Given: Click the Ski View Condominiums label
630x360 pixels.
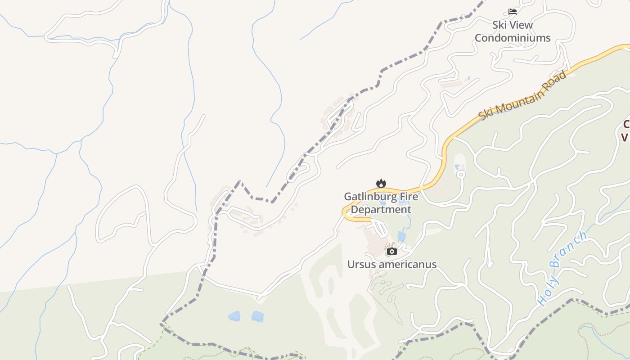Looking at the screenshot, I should coord(513,31).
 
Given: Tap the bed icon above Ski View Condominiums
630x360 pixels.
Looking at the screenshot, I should coord(513,11).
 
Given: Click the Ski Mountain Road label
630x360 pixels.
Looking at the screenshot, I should coord(522,95).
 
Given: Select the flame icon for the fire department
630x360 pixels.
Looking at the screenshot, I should coord(381,183).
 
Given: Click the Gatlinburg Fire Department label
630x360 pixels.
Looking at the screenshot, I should coord(381,203).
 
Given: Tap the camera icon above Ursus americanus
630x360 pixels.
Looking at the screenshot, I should coord(392,251).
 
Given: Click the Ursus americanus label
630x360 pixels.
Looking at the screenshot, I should coord(392,264).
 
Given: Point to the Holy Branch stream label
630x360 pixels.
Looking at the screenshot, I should coord(563,269).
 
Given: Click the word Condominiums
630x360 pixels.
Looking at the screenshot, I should coord(513,38).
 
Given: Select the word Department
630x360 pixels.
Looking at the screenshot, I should coord(381,210).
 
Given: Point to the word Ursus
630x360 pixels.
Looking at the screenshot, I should coord(361,264).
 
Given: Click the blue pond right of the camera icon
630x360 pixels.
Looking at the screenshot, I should coord(402,236).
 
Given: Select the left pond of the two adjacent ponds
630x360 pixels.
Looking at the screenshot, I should coord(234,316).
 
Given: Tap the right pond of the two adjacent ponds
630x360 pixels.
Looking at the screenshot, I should coord(257,316).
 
